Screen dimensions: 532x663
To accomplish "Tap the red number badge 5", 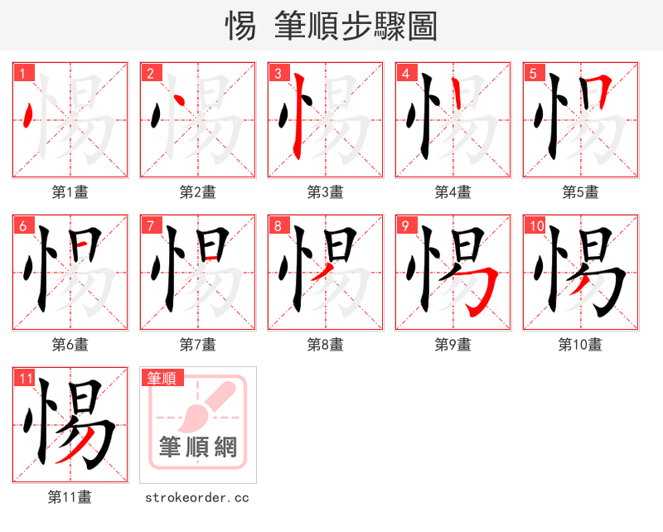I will (x=533, y=73).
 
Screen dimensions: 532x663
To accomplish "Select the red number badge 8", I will (x=278, y=225).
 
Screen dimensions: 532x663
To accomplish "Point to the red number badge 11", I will (x=24, y=378).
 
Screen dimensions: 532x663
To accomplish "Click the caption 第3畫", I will (x=325, y=192).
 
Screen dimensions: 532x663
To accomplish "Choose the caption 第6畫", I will (x=70, y=345).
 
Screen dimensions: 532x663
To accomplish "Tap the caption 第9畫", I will (x=452, y=345).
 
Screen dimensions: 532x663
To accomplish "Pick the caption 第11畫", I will (x=70, y=497).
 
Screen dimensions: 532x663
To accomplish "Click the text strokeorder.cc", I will (x=197, y=497).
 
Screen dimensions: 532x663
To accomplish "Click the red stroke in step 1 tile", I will (x=30, y=116).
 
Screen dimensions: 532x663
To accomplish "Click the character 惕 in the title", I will (x=240, y=27).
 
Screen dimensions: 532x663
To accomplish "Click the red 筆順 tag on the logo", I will (x=162, y=378).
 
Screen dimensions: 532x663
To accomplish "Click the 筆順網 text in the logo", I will (x=198, y=447).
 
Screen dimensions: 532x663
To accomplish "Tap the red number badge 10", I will (x=535, y=225).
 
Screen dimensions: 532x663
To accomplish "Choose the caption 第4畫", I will (x=452, y=192).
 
